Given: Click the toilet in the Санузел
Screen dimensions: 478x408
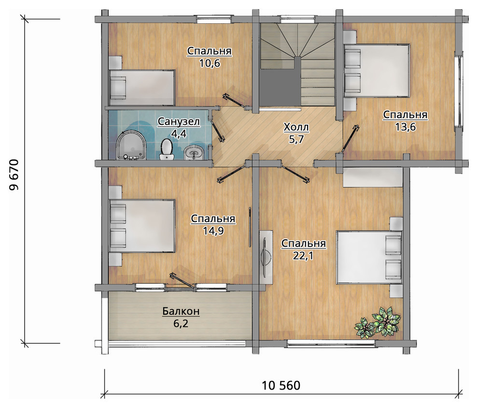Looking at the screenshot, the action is [167, 149].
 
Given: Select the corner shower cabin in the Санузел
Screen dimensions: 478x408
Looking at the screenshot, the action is [131, 146].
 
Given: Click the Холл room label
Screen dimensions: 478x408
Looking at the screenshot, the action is [296, 127].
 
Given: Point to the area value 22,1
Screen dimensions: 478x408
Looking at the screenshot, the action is [303, 256].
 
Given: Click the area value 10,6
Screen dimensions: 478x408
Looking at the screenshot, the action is [210, 63].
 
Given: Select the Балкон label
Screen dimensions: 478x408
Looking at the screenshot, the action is [181, 311].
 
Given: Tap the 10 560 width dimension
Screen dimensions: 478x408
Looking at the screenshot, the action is [281, 385].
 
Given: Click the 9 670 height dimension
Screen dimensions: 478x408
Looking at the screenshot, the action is [14, 175].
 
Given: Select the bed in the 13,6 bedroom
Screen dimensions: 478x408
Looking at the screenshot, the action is [377, 71].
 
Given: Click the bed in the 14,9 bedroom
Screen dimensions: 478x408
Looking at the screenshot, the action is [142, 226].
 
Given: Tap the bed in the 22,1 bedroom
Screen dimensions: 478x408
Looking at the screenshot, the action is [369, 258].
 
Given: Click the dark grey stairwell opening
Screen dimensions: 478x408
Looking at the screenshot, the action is [279, 87].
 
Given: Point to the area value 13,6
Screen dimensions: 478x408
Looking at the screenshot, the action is [405, 127].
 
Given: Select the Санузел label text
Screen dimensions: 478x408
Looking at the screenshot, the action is [179, 121].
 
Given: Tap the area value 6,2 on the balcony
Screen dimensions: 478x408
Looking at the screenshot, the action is [181, 323].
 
